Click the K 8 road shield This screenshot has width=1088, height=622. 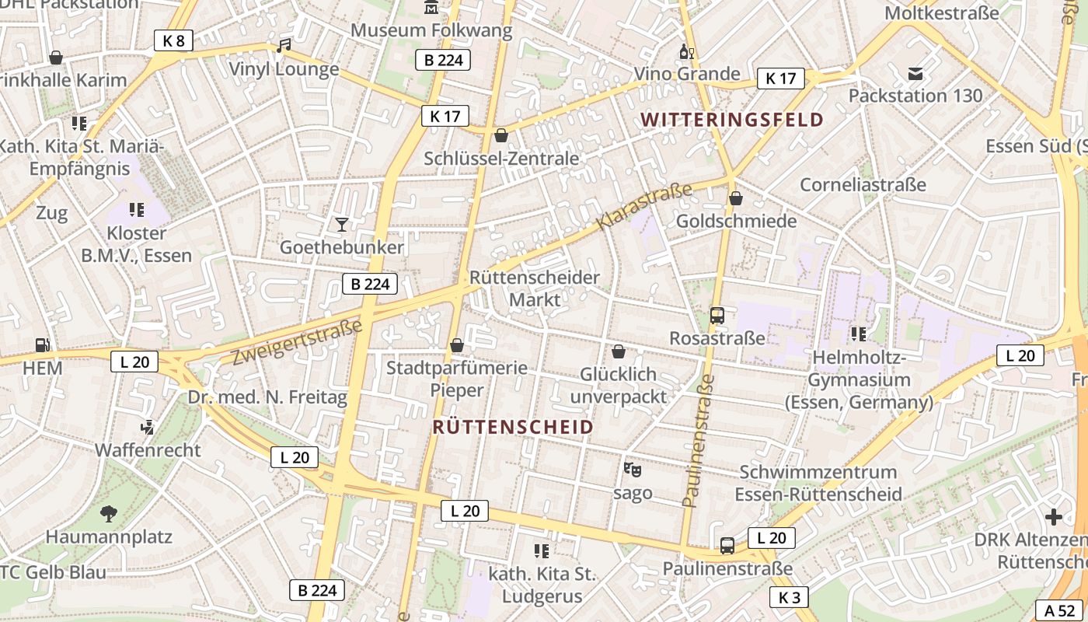coord(173,40)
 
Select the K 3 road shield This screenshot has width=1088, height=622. coord(789,597)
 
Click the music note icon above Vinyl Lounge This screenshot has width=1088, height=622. coord(284,46)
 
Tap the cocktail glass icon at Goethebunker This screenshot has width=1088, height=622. coord(341,225)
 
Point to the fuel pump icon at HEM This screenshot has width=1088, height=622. coord(42,344)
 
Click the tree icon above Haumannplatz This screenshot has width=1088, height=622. coord(109,513)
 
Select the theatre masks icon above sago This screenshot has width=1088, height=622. coord(633,470)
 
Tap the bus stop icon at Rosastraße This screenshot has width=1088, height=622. coord(717,316)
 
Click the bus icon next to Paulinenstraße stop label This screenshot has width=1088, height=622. coord(727,545)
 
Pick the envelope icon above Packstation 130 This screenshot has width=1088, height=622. coord(915,74)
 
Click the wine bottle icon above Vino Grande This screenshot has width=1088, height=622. coord(686,52)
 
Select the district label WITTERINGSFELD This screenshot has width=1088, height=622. coord(732,120)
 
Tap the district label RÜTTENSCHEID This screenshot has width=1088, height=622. coord(513,427)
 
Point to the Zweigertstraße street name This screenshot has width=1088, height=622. coord(298,341)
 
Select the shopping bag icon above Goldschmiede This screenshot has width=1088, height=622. coord(736,198)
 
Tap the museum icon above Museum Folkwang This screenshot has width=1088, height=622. coord(431,8)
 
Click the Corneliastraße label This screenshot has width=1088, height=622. coord(863,185)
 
